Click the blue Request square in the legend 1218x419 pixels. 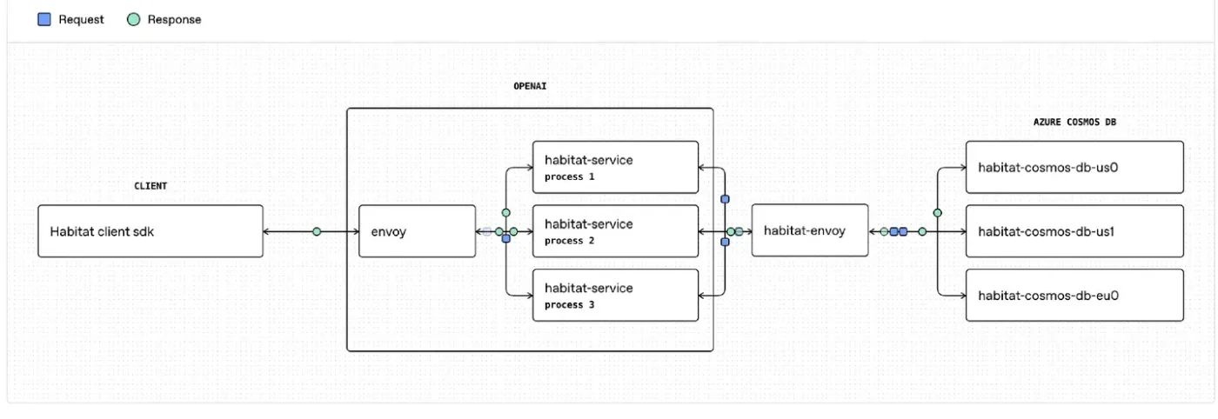44,20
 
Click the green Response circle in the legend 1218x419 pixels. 133,20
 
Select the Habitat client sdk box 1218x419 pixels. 151,231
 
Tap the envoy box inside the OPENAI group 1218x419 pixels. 417,231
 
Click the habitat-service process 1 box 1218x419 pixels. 616,167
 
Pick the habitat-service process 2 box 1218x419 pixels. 616,231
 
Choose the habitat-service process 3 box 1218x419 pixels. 616,295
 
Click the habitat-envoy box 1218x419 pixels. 810,230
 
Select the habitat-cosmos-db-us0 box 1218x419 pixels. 1074,167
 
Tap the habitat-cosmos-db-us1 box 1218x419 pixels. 1074,231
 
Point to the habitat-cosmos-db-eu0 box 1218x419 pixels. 1074,295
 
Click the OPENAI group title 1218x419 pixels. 530,86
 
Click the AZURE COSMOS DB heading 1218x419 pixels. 1074,123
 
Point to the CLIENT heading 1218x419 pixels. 151,186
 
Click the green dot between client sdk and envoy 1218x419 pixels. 317,231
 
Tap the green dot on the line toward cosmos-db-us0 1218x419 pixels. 938,213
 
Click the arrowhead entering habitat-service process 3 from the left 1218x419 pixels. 529,296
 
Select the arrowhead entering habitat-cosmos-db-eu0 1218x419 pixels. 962,296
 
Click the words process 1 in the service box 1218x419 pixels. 569,176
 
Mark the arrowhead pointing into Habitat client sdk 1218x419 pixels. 267,231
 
